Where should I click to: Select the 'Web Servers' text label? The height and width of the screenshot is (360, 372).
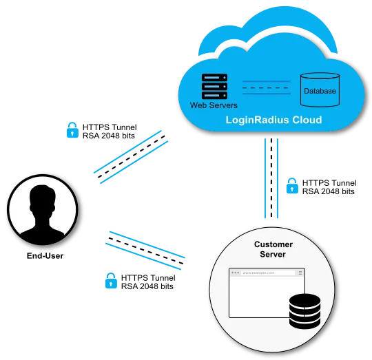[x=214, y=105]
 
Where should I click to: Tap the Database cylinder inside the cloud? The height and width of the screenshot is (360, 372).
[x=320, y=89]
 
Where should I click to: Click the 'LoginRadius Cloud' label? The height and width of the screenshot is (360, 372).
[x=273, y=120]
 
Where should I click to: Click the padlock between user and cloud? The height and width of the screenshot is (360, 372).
[x=72, y=131]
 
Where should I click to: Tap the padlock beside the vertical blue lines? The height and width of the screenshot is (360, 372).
[x=292, y=185]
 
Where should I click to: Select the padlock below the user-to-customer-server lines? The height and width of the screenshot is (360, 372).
[x=110, y=280]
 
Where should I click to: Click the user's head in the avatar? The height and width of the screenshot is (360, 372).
[x=43, y=202]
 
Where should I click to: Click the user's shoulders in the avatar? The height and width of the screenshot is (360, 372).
[x=43, y=231]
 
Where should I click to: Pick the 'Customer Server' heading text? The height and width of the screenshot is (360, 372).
[x=273, y=249]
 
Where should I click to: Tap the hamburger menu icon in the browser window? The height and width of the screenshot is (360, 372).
[x=300, y=273]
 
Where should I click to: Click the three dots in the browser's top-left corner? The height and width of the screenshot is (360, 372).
[x=235, y=273]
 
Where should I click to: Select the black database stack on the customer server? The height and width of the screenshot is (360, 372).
[x=305, y=311]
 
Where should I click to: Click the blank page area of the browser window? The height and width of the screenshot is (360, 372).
[x=258, y=299]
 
